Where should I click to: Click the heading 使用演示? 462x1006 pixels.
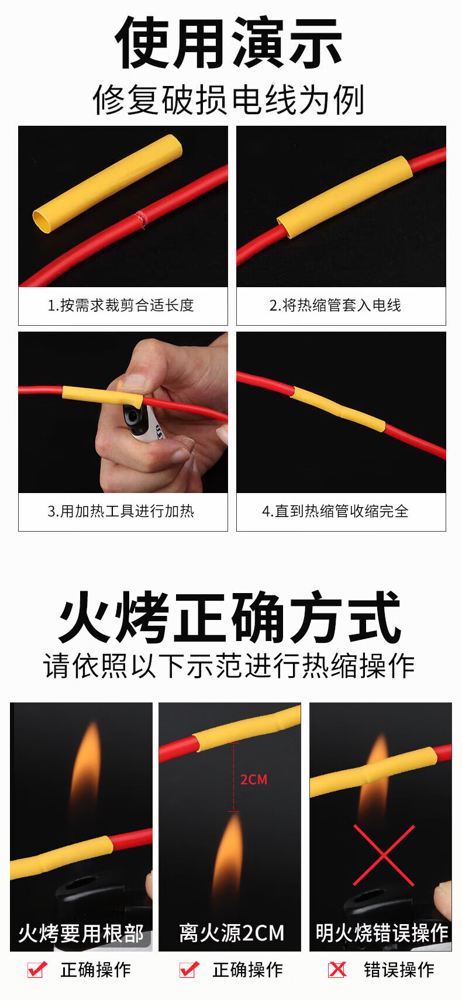coord(229,43)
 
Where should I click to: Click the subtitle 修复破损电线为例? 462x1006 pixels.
coord(229,99)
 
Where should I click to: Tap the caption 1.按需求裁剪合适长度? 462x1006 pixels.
coord(120,305)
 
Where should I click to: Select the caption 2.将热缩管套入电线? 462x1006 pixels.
coord(335,305)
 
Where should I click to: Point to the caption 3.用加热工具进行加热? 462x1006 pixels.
coord(120,511)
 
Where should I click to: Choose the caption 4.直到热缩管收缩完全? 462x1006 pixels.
coord(335,511)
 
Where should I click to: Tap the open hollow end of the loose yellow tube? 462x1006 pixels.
coord(42,222)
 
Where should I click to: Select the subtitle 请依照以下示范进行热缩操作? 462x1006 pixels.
coord(229,666)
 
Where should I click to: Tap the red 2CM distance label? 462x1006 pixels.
coord(254,780)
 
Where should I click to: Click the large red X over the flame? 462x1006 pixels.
coord(384,855)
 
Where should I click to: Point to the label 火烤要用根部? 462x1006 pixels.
coord(81,933)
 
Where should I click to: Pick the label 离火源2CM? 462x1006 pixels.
coord(232,933)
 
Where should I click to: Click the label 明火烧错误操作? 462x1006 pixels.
coord(381,933)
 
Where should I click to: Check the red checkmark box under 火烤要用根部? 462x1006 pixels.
coord(37,969)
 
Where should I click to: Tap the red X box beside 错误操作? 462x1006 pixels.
coord(337,970)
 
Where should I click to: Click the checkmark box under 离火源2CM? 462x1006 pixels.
coord(189,969)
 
